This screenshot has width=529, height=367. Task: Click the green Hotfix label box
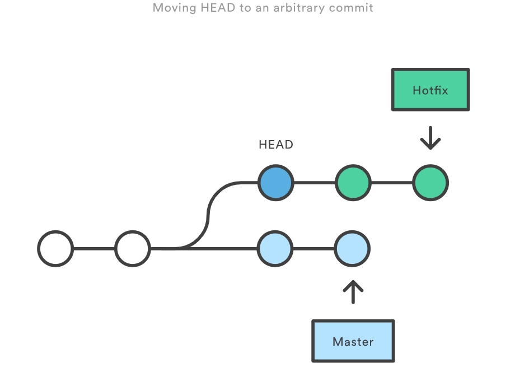click(x=430, y=90)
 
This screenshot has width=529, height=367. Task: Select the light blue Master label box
click(x=353, y=341)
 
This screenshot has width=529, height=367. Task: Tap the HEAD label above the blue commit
click(x=275, y=145)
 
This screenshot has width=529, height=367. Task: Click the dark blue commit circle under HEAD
click(x=275, y=183)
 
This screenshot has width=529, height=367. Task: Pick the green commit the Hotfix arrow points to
click(x=430, y=183)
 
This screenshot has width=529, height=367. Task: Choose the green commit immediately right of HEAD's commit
click(x=353, y=183)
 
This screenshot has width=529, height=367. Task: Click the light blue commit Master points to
click(x=352, y=248)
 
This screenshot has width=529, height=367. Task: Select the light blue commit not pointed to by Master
click(x=275, y=248)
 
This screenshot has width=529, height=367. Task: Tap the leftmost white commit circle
click(x=55, y=248)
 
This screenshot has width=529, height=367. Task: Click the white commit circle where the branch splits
click(x=133, y=248)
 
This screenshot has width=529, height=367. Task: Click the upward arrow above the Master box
click(x=353, y=292)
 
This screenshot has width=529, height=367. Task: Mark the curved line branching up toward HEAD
click(x=208, y=216)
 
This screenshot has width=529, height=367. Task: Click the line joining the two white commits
click(x=94, y=248)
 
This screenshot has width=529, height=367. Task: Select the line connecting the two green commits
click(x=391, y=183)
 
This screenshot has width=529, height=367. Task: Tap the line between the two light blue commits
click(x=313, y=248)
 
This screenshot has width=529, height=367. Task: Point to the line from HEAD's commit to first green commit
click(x=314, y=183)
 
